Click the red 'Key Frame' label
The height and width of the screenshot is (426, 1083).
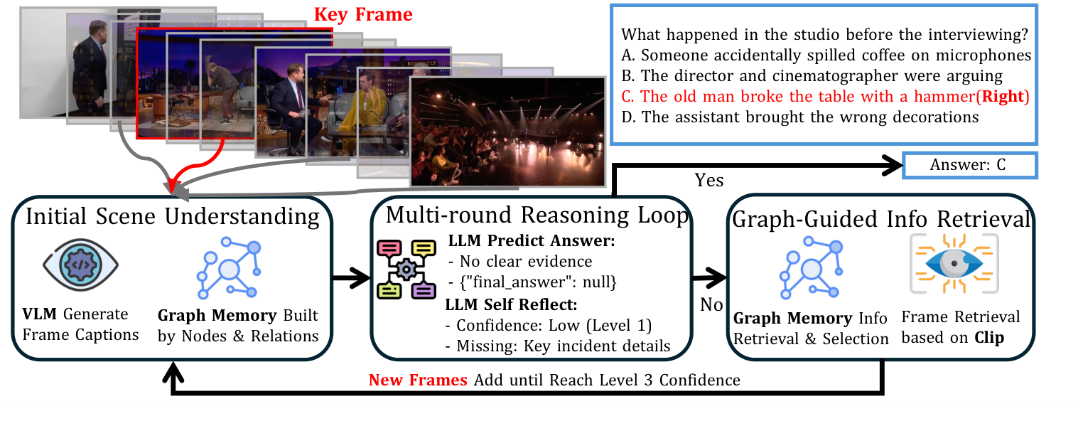click(x=363, y=14)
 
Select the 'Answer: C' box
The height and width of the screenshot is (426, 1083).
click(x=970, y=165)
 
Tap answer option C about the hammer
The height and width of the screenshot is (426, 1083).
click(x=825, y=96)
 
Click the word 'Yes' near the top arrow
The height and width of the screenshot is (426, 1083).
click(x=708, y=180)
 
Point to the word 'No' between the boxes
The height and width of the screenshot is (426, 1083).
click(x=711, y=304)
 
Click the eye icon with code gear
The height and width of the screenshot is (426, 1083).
click(x=80, y=265)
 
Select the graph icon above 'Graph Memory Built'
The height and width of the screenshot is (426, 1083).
click(x=229, y=267)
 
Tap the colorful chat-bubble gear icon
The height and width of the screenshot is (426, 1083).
click(x=406, y=269)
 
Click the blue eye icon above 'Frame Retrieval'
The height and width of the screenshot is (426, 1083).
click(x=954, y=263)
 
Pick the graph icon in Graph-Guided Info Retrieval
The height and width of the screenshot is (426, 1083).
click(x=812, y=267)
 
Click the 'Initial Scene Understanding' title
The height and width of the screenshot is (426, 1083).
click(x=173, y=216)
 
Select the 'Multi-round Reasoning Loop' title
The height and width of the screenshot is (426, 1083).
click(x=537, y=215)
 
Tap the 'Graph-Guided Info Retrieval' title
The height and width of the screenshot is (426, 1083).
click(x=881, y=219)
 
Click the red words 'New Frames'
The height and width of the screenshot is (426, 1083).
click(x=418, y=380)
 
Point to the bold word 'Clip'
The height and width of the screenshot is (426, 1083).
click(x=989, y=337)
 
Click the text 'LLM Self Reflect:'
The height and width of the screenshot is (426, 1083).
click(x=511, y=304)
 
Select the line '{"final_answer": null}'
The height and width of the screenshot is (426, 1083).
click(x=538, y=282)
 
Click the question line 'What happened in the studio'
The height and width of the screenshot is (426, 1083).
click(x=824, y=34)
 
